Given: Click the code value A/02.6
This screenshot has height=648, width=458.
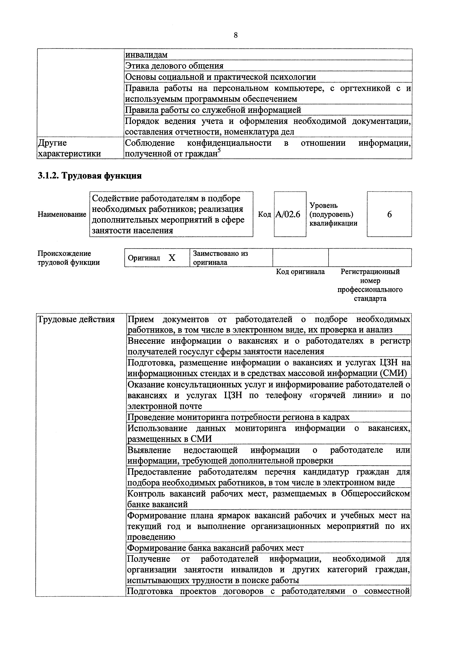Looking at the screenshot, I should click(288, 214).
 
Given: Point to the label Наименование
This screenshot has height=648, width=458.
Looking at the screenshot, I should click(62, 214).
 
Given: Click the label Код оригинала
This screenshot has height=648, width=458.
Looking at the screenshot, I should click(300, 272).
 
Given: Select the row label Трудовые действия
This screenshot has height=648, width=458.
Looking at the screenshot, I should click(76, 320).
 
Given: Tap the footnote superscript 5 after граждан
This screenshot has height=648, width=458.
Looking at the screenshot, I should click(219, 151).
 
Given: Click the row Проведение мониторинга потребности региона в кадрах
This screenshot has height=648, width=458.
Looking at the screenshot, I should click(239, 417).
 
